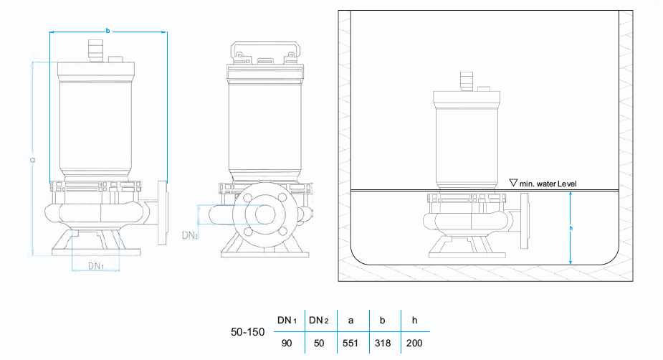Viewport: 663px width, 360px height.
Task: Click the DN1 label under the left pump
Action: (97, 266)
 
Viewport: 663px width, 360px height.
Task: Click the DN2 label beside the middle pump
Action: (190, 235)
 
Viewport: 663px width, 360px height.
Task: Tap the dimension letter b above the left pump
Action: (108, 31)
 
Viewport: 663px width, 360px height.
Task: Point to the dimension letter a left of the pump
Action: (33, 159)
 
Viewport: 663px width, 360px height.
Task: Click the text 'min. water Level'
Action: (548, 184)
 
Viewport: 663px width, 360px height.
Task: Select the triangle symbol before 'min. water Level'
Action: (512, 184)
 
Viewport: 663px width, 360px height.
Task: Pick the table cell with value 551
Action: (351, 344)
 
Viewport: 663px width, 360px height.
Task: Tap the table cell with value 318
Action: (383, 344)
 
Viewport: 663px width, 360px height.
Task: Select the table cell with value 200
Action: (414, 344)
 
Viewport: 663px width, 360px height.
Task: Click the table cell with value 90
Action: (287, 344)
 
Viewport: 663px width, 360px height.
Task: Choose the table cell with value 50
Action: (319, 344)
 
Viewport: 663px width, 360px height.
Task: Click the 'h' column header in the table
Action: (414, 320)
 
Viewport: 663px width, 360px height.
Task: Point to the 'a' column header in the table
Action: (351, 320)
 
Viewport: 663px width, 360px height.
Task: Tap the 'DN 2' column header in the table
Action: (319, 320)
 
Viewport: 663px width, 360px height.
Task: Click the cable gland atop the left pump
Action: (93, 51)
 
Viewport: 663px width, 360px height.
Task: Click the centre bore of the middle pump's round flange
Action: (264, 213)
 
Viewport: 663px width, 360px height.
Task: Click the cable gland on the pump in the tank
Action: (466, 80)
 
